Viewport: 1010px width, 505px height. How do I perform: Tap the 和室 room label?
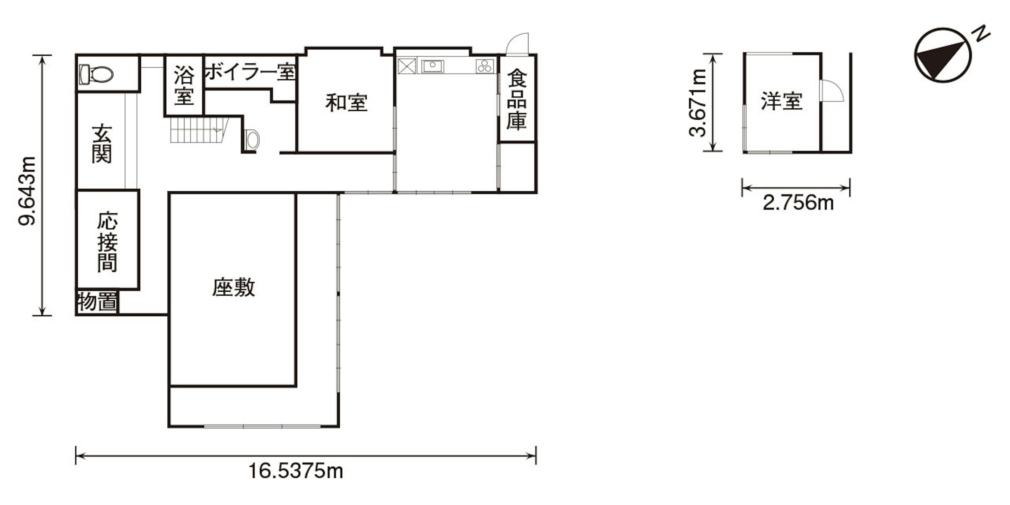click(346, 103)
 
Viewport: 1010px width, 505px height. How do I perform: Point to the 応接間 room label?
click(108, 242)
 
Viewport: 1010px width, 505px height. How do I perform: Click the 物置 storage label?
click(98, 302)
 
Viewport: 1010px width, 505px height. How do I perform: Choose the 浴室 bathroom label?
click(184, 85)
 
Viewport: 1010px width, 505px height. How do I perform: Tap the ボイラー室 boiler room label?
click(250, 73)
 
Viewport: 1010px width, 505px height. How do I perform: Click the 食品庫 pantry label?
click(516, 100)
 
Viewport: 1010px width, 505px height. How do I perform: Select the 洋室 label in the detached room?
click(782, 101)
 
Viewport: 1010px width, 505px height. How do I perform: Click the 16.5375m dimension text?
click(296, 470)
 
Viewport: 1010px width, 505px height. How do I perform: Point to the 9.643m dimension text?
click(28, 191)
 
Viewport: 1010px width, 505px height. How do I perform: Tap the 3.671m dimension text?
click(698, 103)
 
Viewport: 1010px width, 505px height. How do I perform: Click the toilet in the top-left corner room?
click(96, 75)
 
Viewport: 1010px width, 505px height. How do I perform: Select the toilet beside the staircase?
click(251, 139)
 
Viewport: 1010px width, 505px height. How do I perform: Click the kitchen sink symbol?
click(432, 66)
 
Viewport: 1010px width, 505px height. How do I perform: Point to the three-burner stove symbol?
click(485, 66)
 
